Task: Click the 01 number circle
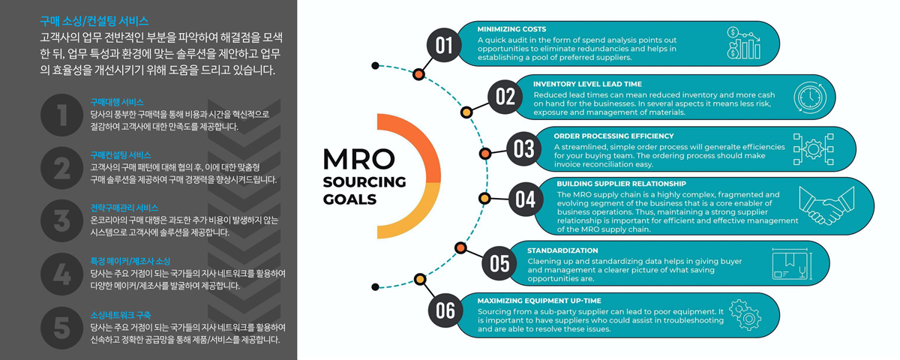coord(444,45)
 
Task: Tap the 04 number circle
coord(526,199)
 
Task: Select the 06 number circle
coord(445,310)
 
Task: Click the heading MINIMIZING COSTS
coord(511,29)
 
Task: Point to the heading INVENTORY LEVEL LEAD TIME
coord(587,84)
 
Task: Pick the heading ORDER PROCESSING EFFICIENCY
coord(613,136)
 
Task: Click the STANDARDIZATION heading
coord(562,250)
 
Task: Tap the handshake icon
coord(826,205)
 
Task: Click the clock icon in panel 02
coord(810,97)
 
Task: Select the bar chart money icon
coord(744,43)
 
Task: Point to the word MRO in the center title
coord(358,160)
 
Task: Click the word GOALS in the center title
coord(349,199)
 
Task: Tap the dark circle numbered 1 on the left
coord(61,115)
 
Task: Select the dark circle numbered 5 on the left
coord(61,328)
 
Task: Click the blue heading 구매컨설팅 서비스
coord(121,155)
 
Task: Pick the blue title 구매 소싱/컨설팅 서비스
coord(94,21)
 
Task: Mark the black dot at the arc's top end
coord(375,65)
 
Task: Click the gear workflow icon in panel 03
coord(814,149)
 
